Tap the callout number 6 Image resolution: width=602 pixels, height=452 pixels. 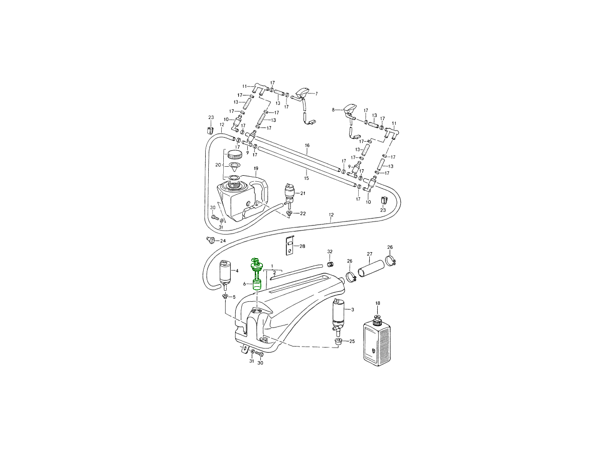pos(244,284)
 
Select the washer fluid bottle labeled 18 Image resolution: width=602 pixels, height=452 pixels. pos(377,341)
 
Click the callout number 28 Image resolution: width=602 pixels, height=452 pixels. pos(302,246)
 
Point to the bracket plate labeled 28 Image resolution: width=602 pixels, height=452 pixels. pos(289,245)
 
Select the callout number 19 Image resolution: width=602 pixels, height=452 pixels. pos(256,168)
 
